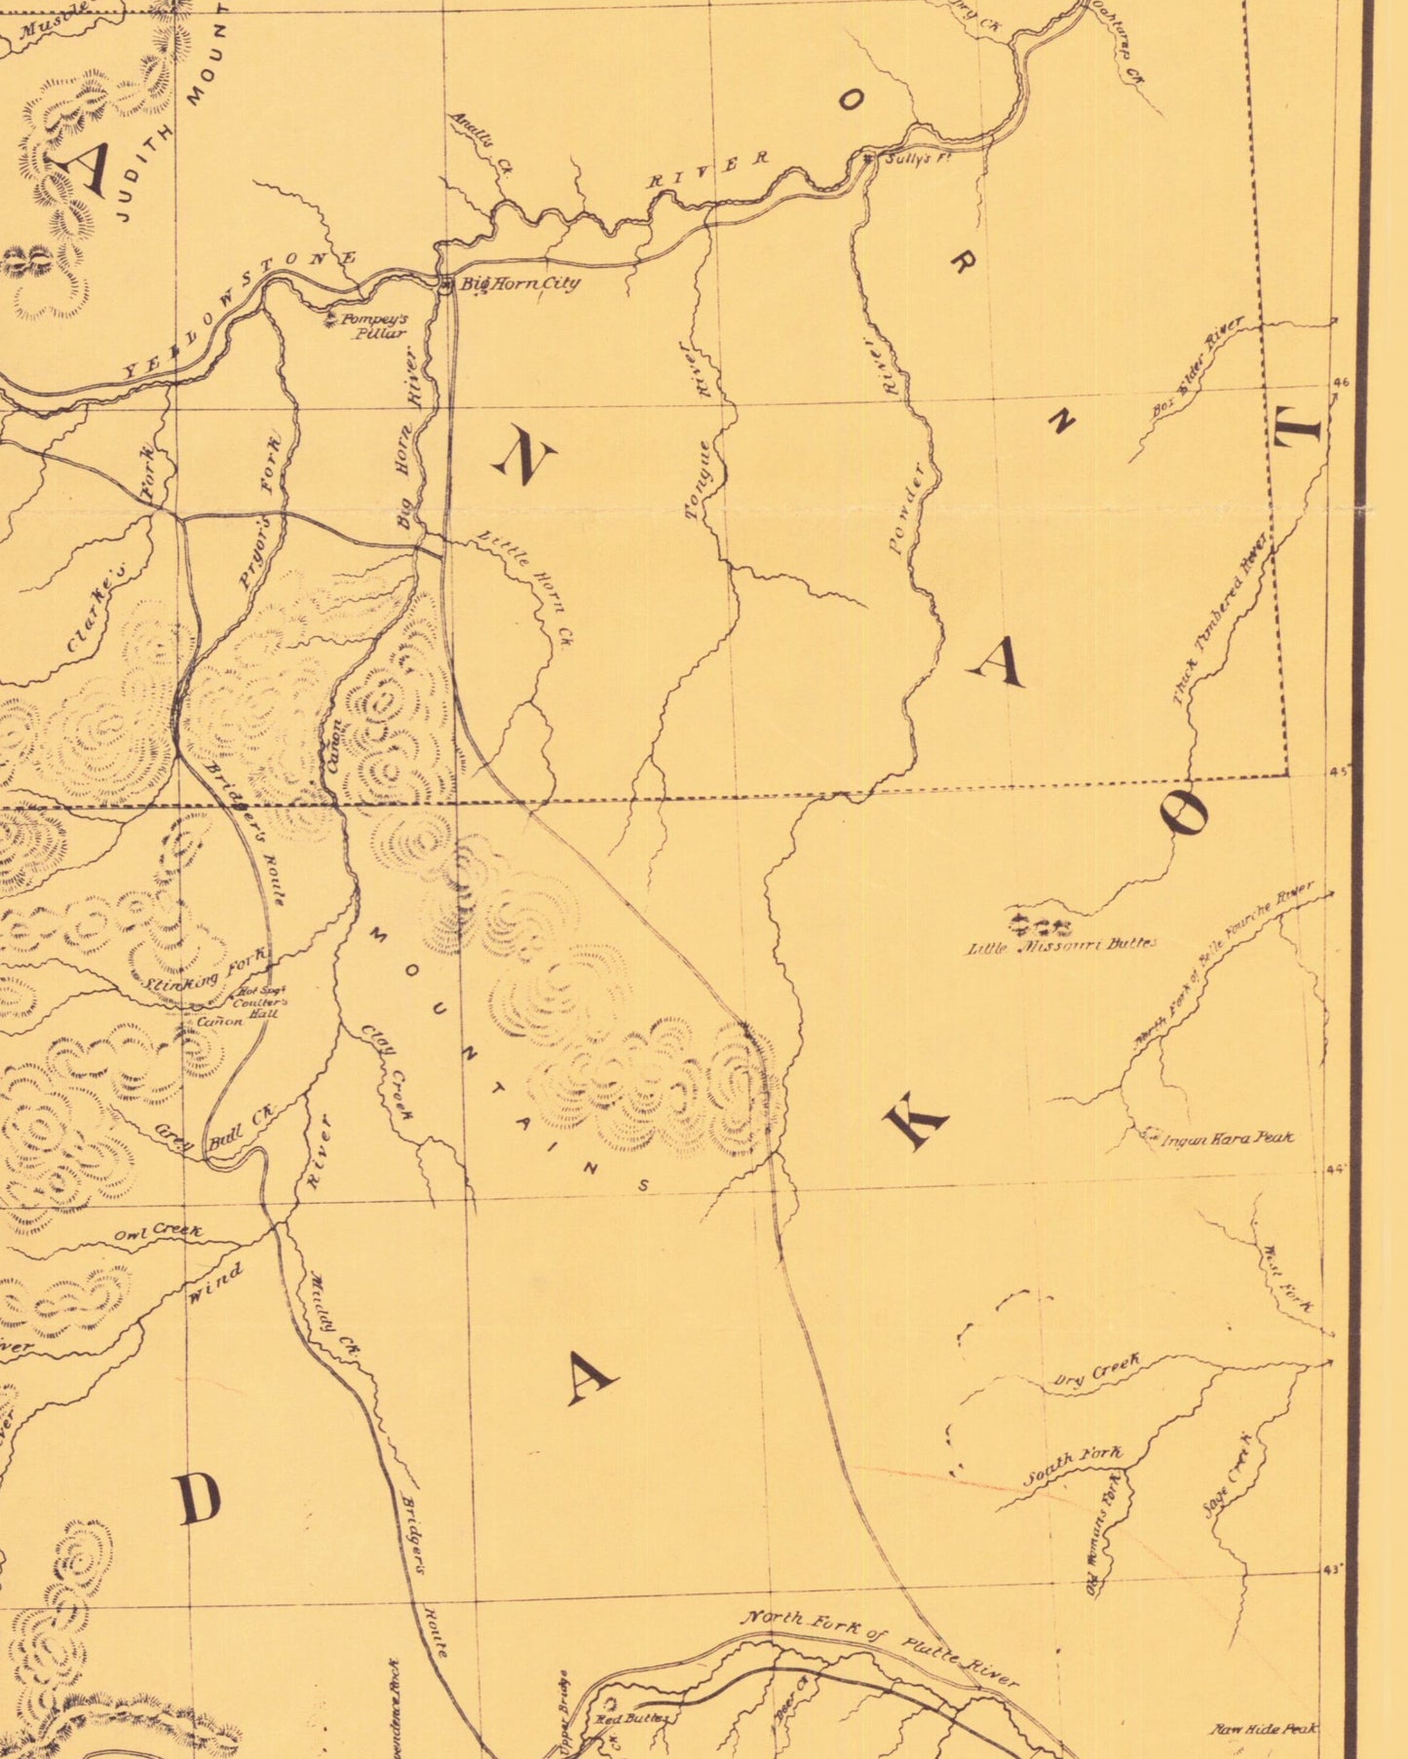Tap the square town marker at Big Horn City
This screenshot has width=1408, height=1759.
(445, 285)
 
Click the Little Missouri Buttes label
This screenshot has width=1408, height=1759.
(1061, 945)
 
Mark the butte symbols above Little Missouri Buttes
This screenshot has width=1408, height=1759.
(1041, 923)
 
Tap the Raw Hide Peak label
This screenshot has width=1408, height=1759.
(1263, 1728)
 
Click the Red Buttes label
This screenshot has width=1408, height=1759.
(631, 1719)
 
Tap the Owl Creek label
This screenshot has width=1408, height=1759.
(158, 1233)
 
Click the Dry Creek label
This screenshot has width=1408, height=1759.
(1096, 1370)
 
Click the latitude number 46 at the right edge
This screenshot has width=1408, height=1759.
(1340, 383)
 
